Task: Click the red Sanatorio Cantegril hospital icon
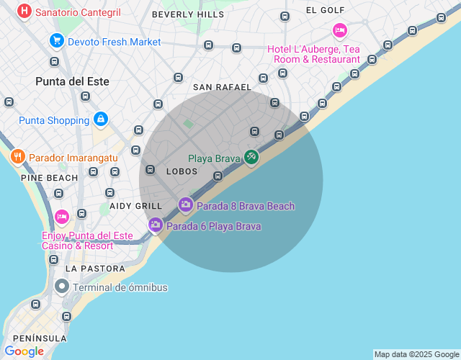[24, 12]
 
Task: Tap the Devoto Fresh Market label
[115, 42]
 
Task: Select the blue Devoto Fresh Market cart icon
[55, 41]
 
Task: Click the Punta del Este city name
[72, 81]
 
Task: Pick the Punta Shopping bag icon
[101, 119]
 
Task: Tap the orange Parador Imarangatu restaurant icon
[17, 156]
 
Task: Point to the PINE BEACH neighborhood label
[49, 177]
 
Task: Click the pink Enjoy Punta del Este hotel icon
[62, 217]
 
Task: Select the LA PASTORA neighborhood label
[95, 269]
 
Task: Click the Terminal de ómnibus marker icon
[62, 287]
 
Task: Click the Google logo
[24, 351]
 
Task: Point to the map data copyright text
[416, 354]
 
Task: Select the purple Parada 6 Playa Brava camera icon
[155, 225]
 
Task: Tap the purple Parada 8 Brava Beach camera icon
[185, 205]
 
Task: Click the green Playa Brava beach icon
[251, 156]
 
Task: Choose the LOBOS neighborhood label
[182, 171]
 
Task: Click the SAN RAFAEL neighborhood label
[222, 87]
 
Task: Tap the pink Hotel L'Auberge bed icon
[340, 30]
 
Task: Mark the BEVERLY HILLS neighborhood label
[188, 14]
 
